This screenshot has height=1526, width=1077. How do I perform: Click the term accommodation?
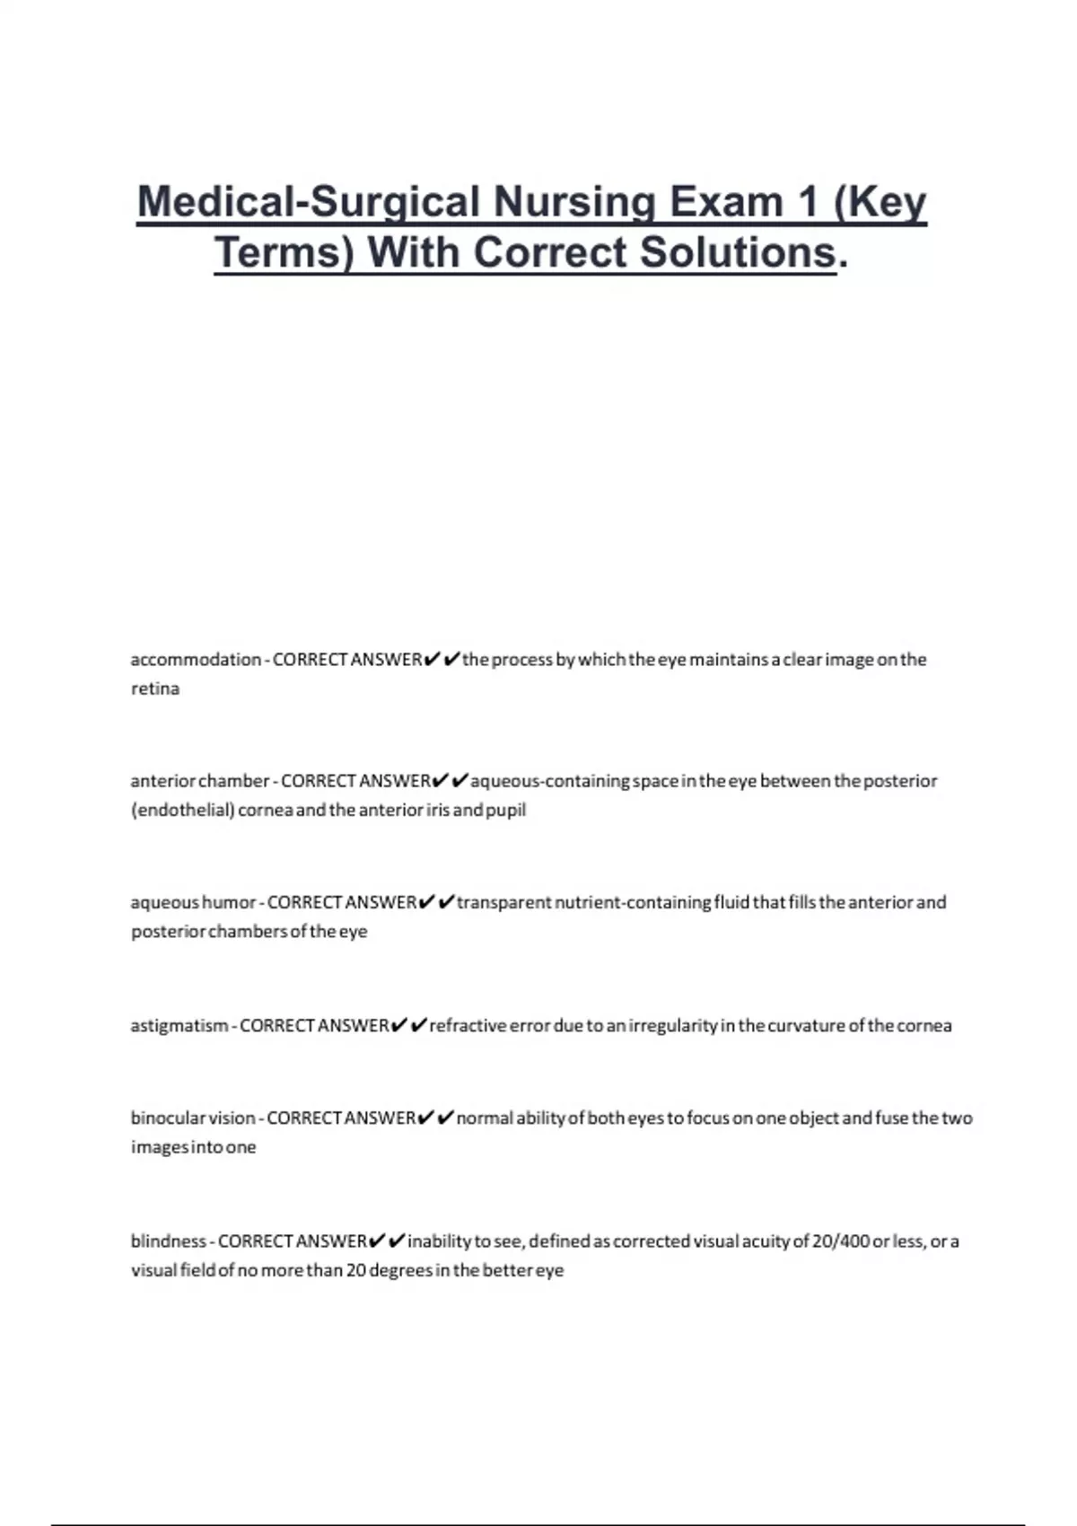pos(196,660)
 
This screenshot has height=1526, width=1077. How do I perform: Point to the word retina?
pos(155,688)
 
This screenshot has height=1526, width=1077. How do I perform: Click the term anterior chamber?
pos(199,781)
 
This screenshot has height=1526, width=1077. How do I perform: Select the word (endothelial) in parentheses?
pos(183,810)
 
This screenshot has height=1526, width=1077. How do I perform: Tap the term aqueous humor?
pos(193,902)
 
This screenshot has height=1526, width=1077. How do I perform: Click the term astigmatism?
pos(179,1025)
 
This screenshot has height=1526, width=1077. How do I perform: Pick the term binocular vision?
pos(193,1118)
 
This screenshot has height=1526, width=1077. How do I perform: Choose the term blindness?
pos(169,1241)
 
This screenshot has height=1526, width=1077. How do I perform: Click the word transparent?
pos(503,902)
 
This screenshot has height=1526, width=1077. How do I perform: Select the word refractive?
pos(468,1025)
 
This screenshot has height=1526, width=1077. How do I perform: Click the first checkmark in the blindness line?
pos(377,1241)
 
